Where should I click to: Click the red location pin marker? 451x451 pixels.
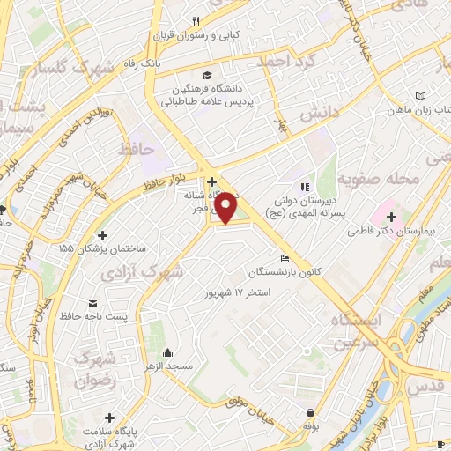pyautogui.click(x=226, y=207)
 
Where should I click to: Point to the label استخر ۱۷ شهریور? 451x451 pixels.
pyautogui.click(x=235, y=291)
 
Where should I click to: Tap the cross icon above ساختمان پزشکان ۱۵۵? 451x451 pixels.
pyautogui.click(x=104, y=235)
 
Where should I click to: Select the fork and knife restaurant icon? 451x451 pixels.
pyautogui.click(x=196, y=22)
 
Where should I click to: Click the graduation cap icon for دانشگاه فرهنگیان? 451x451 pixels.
pyautogui.click(x=206, y=76)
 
